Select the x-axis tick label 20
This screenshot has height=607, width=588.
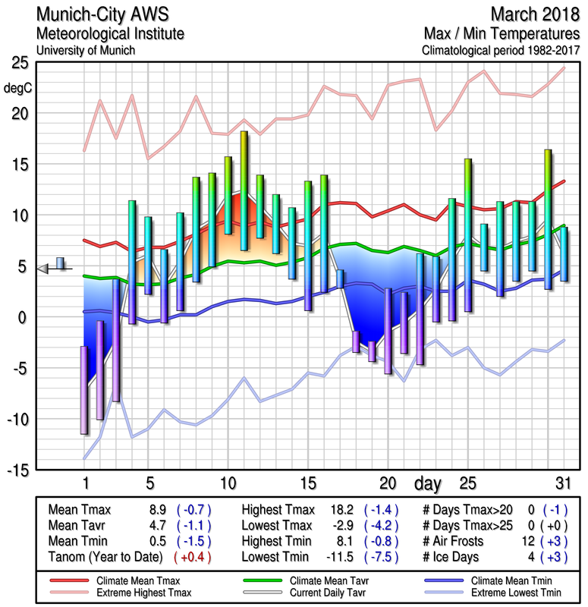point(388,483)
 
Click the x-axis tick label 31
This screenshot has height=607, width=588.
point(561,483)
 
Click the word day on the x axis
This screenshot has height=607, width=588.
point(429,483)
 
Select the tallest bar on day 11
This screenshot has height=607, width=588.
point(244,190)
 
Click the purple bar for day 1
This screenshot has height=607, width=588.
point(84,389)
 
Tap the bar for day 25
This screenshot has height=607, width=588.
point(468,235)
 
